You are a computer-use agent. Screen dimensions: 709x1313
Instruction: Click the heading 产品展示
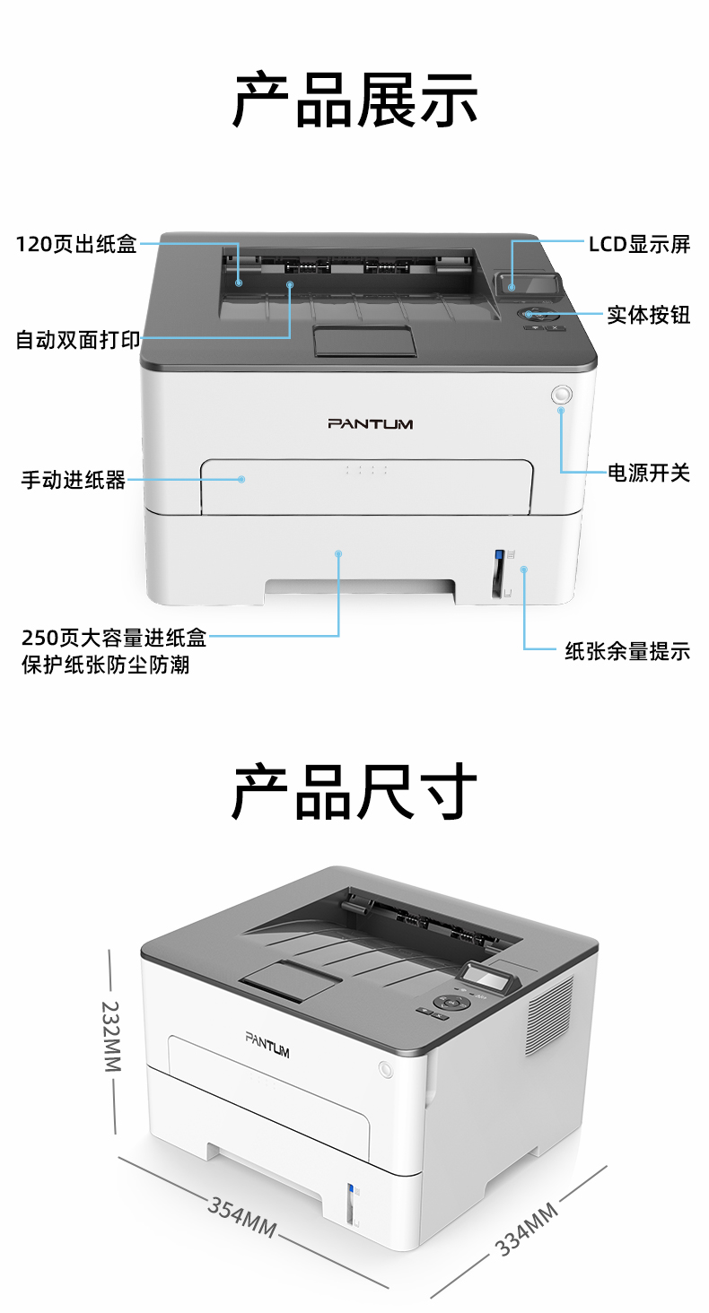click(x=354, y=100)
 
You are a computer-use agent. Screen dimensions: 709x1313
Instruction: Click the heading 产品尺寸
click(x=354, y=792)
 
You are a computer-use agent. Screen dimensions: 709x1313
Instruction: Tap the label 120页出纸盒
click(x=76, y=244)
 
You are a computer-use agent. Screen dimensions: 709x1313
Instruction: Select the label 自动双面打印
click(x=78, y=339)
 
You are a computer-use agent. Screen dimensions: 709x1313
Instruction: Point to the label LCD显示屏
click(x=639, y=244)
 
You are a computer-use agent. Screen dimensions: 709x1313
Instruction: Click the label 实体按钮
click(x=649, y=315)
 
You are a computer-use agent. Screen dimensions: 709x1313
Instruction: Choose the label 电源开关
click(x=649, y=473)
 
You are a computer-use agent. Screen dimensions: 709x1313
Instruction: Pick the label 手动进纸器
click(x=74, y=480)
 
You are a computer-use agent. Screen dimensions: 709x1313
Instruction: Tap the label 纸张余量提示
click(x=627, y=651)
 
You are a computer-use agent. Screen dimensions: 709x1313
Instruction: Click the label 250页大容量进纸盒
click(x=114, y=638)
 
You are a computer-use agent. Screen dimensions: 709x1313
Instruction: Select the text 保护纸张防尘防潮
click(x=106, y=665)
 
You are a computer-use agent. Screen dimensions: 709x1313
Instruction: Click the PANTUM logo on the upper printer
click(x=370, y=424)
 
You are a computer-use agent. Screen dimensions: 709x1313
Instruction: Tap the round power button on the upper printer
click(x=561, y=395)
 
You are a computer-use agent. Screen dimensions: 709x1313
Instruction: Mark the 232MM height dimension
click(x=111, y=1036)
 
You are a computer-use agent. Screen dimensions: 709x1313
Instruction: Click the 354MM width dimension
click(x=242, y=1217)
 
